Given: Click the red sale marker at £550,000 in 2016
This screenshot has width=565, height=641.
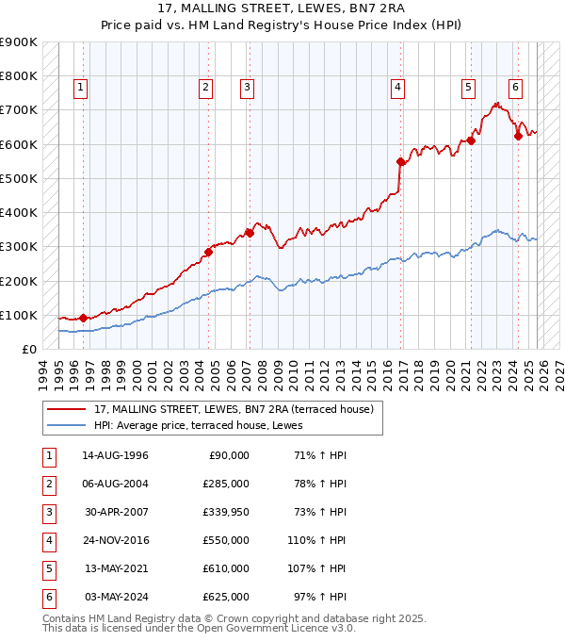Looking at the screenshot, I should (401, 161).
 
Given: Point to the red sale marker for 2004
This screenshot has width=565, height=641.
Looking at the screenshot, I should (208, 252).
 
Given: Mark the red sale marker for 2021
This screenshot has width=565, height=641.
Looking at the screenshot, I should (471, 141).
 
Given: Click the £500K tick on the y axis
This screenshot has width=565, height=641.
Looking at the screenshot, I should (19, 178).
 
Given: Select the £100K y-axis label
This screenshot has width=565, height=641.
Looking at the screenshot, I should (19, 315).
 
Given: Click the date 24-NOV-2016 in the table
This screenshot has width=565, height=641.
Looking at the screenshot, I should (115, 540).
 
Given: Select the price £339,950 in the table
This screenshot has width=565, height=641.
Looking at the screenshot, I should (226, 512).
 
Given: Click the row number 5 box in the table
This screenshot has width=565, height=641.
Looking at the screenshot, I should (47, 568).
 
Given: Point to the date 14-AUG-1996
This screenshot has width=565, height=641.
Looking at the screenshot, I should (115, 455).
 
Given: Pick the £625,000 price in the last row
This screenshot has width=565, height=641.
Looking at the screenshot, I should (226, 597).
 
